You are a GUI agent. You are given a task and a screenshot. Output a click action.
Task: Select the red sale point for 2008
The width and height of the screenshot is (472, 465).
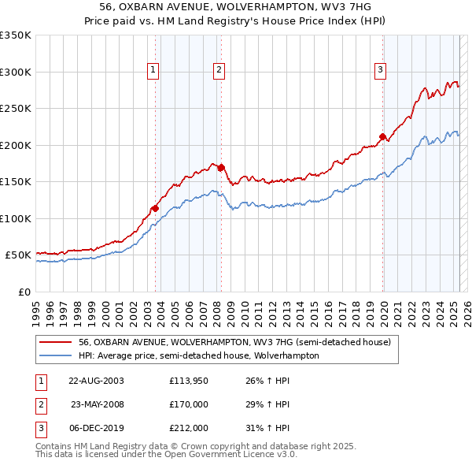pos(222,167)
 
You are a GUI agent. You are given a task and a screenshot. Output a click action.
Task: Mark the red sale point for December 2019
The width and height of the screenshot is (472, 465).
pos(383,136)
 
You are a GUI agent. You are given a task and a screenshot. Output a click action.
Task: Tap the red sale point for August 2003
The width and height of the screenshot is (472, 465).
pos(155,208)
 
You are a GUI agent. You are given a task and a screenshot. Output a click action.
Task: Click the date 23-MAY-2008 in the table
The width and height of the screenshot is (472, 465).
pos(97,404)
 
